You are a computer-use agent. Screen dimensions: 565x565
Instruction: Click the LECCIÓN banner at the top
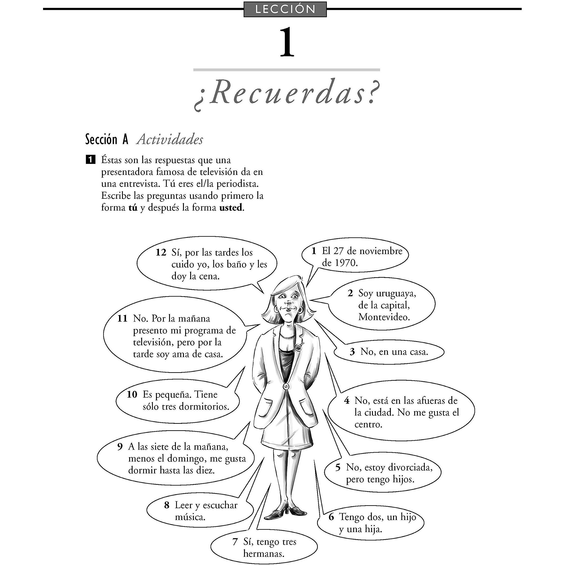click(x=285, y=9)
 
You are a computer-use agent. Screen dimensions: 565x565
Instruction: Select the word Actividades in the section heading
click(x=170, y=139)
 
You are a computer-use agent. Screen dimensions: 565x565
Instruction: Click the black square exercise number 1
click(x=90, y=160)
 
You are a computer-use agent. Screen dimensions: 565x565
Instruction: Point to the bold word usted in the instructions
click(x=231, y=208)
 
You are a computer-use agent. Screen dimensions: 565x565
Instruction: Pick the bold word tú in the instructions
click(x=133, y=208)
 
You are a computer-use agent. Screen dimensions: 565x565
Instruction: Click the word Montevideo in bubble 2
click(x=384, y=317)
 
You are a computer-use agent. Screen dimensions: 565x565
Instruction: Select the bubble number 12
click(x=161, y=252)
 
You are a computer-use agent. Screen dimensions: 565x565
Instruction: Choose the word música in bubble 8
click(x=190, y=517)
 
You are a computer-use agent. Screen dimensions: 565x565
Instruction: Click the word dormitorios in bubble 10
click(x=204, y=407)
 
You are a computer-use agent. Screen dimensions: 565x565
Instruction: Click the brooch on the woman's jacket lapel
click(x=298, y=347)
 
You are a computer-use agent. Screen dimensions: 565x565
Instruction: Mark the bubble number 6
click(x=331, y=517)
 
